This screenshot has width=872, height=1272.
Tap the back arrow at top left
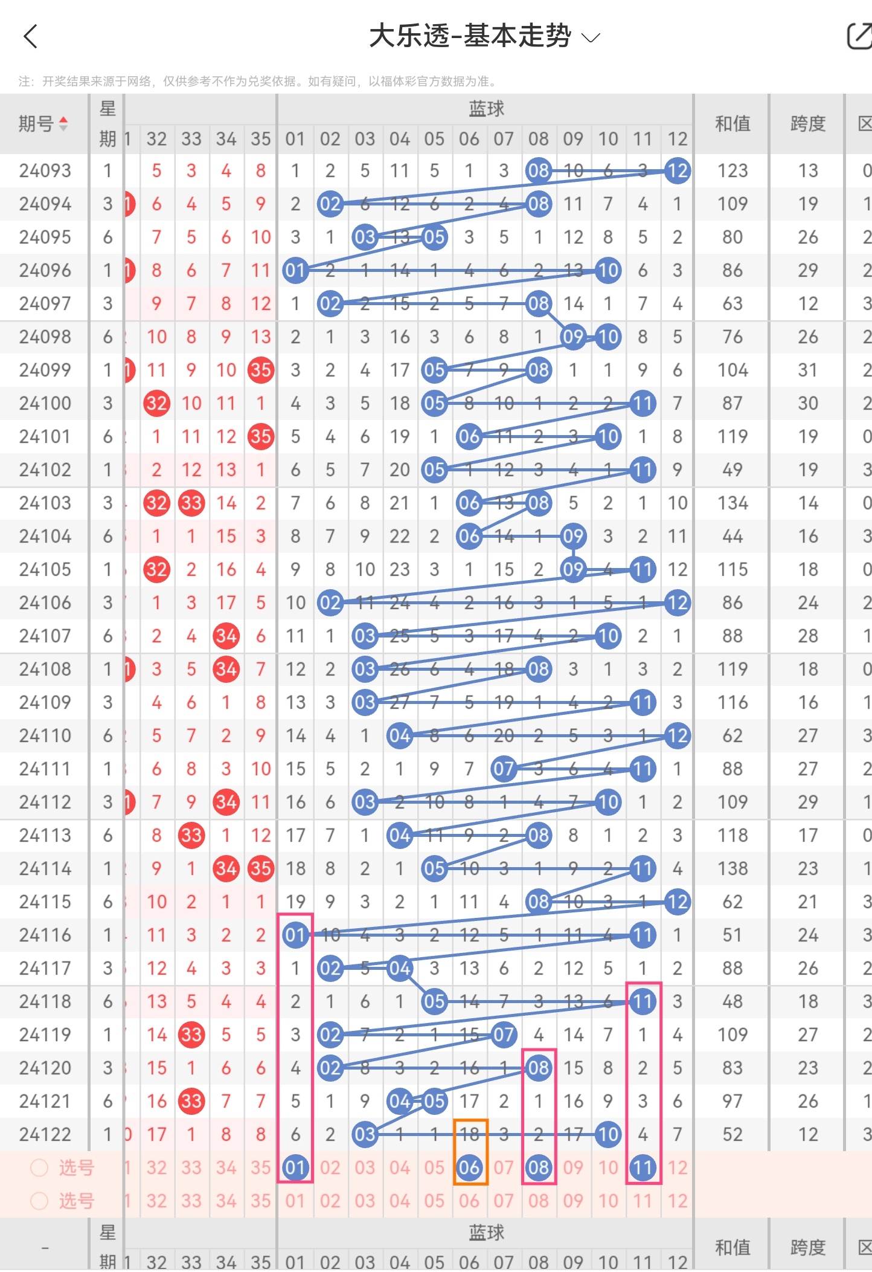point(30,36)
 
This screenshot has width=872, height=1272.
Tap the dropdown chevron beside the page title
point(590,38)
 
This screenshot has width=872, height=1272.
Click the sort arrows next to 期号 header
point(63,124)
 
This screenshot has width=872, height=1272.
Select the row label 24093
point(45,171)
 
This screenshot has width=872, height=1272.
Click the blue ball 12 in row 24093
point(677,171)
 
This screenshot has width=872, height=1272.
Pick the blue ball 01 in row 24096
point(295,270)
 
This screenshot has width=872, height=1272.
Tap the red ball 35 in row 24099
point(261,370)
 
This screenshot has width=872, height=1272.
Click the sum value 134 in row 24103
point(732,503)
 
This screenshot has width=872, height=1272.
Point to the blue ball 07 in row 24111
point(503,769)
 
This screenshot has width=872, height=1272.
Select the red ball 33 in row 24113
point(191,835)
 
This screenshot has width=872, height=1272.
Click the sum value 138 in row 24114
point(732,868)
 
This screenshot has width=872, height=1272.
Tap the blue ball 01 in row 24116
point(295,935)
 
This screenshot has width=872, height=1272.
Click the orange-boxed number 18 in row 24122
point(469,1134)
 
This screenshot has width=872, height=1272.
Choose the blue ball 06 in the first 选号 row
point(469,1167)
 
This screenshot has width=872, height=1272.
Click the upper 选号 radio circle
point(39,1167)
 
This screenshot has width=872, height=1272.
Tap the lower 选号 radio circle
point(39,1201)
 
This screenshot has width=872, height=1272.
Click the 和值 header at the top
point(732,124)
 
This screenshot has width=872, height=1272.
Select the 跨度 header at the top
point(807,124)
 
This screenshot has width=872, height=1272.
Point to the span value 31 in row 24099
point(807,370)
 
